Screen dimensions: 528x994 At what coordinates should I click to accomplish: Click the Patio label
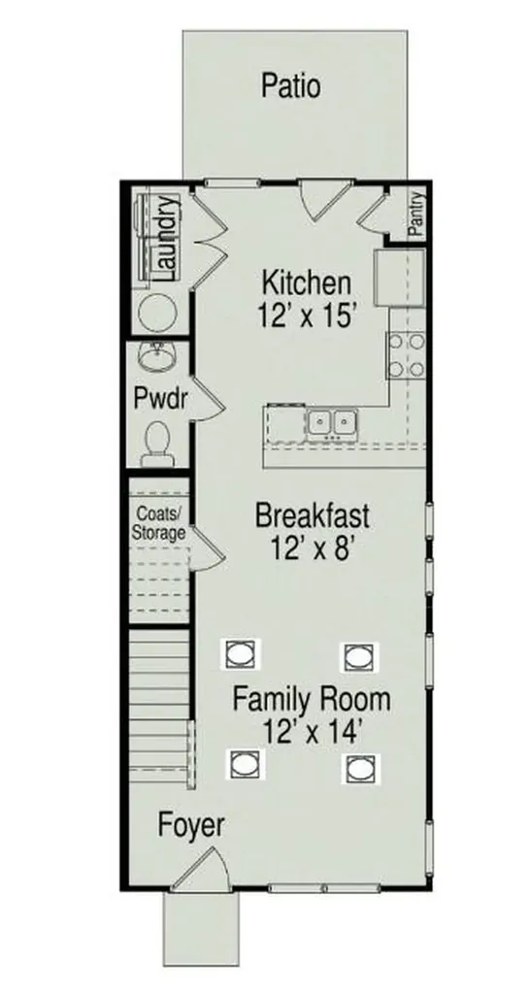coord(291,86)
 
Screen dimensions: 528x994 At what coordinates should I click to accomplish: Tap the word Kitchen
coord(306,282)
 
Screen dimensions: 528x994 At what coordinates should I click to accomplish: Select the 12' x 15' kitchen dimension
coord(305,315)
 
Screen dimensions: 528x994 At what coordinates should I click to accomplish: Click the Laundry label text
coord(166,239)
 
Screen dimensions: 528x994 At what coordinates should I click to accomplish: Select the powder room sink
coord(156,358)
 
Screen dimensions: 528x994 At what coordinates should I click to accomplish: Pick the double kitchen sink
coord(332,423)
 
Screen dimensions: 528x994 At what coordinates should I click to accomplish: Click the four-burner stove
coord(406,355)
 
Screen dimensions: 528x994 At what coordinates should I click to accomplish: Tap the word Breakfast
coord(312,516)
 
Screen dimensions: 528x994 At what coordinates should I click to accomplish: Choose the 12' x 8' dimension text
coord(312,547)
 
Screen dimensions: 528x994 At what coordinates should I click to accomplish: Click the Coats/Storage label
coord(158,523)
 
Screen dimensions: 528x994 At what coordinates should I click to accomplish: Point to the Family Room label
coord(312,701)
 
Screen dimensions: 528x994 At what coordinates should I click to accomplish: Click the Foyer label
coord(191,826)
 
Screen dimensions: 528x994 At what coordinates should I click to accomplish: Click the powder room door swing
coord(208,401)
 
